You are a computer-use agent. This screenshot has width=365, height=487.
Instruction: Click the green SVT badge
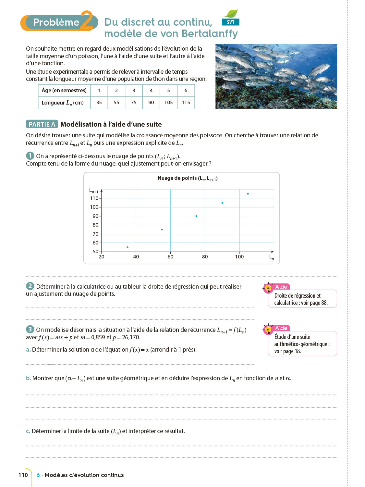(231, 22)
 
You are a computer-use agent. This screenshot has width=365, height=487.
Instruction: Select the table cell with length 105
(168, 103)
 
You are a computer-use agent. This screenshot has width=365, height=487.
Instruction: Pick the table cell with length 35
(99, 103)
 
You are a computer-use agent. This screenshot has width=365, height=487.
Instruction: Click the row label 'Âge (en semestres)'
(64, 90)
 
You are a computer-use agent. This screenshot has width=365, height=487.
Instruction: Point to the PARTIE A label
(42, 124)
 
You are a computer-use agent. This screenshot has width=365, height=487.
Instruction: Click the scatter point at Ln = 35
(128, 247)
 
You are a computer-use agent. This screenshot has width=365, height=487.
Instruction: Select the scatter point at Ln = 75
(196, 216)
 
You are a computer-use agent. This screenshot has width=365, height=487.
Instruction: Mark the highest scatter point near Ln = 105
(248, 194)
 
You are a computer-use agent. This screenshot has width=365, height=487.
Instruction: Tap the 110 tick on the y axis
(94, 198)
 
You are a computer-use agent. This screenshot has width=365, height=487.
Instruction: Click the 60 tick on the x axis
(170, 257)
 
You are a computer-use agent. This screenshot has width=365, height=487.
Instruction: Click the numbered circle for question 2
(30, 286)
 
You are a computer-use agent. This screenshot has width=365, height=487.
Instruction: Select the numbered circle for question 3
(30, 329)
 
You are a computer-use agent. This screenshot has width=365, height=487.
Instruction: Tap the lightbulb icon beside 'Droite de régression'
(268, 288)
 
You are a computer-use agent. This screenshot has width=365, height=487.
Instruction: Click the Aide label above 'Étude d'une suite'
(281, 328)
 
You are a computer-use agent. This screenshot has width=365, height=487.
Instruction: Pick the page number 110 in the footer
(23, 475)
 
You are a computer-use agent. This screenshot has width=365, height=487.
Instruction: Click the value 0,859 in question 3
(98, 337)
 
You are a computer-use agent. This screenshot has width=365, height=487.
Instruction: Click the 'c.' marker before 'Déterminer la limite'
(28, 431)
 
